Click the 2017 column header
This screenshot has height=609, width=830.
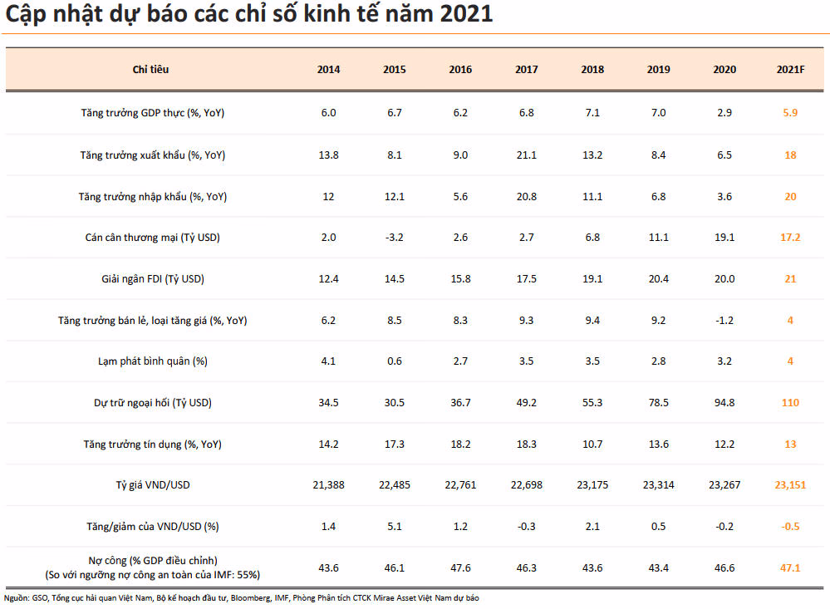[526, 69]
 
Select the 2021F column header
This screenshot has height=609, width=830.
[790, 69]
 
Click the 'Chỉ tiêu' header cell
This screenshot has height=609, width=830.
[151, 69]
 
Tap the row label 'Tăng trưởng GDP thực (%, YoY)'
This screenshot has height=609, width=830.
[152, 113]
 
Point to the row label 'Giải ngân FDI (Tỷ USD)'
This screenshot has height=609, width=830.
[152, 279]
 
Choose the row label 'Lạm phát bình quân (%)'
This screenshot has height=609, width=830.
[152, 361]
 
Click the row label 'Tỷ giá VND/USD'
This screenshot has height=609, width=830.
[152, 485]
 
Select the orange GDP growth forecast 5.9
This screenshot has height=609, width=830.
[790, 113]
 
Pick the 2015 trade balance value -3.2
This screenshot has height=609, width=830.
[395, 238]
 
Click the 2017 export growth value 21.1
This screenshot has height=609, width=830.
[526, 155]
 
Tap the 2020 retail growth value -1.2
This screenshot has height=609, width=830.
[724, 321]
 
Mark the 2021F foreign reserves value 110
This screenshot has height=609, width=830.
[790, 402]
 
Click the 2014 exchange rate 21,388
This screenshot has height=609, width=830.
[328, 485]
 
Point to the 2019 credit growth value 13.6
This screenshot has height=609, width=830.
[659, 444]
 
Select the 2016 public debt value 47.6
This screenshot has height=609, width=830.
[460, 568]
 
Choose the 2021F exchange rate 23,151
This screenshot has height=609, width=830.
[790, 485]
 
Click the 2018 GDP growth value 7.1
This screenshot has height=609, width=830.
[592, 113]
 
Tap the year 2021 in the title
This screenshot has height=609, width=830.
[466, 13]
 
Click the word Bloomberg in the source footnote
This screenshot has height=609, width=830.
[251, 598]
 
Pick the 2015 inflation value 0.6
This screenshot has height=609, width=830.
[395, 361]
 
